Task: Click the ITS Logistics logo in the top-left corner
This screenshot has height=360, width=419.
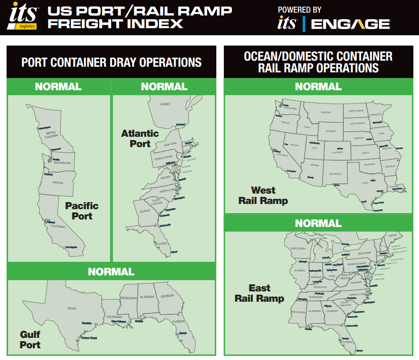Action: coord(23,17)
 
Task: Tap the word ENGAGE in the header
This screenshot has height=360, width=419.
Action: coord(350,24)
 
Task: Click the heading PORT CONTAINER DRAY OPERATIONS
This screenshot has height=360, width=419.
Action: coord(111,62)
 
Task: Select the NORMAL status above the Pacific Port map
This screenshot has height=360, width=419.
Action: coord(58,86)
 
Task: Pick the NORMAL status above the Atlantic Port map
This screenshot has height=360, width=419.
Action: coord(164,86)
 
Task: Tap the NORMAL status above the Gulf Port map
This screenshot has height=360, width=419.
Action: coord(111,272)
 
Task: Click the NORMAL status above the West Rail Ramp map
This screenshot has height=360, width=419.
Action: coord(318,86)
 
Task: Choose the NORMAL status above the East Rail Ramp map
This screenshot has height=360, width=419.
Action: coord(318,223)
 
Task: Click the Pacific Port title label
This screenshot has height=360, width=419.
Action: coord(82,211)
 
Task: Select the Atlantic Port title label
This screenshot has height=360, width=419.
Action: coord(140,139)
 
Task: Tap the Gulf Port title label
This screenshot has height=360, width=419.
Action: coord(30,339)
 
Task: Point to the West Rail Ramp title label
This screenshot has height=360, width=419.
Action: coord(263,196)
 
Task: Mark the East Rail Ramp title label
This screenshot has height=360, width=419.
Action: coord(260,293)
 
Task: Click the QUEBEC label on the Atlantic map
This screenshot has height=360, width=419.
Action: coord(165,103)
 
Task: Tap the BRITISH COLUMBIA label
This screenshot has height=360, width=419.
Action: coord(51,134)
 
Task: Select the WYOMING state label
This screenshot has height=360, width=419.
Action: coord(331,131)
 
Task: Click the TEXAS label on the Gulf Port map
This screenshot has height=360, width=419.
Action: coord(71,308)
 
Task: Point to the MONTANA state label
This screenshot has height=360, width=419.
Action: coord(326,112)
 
